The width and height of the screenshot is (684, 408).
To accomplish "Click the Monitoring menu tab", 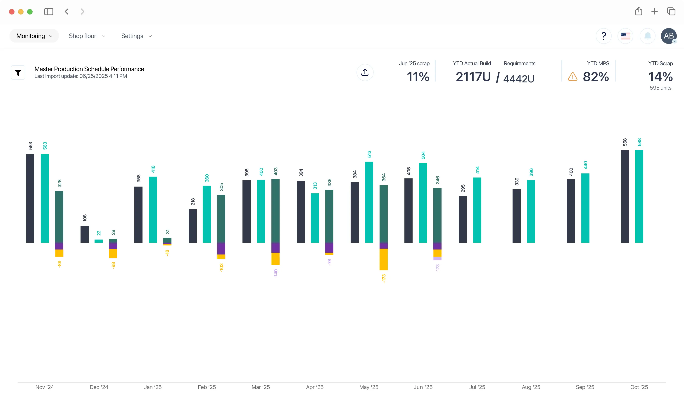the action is [x=34, y=36].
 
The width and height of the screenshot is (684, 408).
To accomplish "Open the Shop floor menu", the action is [x=87, y=36].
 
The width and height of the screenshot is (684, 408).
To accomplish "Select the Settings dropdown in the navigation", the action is [x=136, y=36].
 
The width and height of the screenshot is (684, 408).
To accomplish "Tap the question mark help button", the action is [x=603, y=36].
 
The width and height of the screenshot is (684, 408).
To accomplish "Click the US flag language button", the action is [x=625, y=36].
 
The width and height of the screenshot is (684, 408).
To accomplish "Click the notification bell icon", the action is [x=648, y=36].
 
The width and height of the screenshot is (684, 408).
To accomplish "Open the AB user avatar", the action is [x=669, y=36].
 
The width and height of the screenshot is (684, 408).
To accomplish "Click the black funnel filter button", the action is [x=18, y=73].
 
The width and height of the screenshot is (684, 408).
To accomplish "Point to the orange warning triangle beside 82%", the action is [x=572, y=77].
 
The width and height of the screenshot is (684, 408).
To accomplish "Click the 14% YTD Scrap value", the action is [x=660, y=77].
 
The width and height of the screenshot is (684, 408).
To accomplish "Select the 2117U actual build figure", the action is [x=473, y=77].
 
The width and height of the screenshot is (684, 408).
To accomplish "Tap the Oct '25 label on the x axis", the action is [x=639, y=387].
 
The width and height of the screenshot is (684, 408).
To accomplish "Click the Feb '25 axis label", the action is [x=207, y=387].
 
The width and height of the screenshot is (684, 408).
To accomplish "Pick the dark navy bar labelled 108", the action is [x=85, y=234].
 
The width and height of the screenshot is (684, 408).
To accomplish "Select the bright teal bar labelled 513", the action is [x=369, y=202].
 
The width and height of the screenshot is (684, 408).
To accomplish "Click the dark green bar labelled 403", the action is [x=275, y=211].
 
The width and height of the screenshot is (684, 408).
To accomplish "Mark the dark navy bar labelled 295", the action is [x=463, y=219].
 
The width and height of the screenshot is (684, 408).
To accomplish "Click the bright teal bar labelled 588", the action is [x=639, y=196].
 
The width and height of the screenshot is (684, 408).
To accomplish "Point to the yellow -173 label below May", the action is [x=384, y=278].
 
